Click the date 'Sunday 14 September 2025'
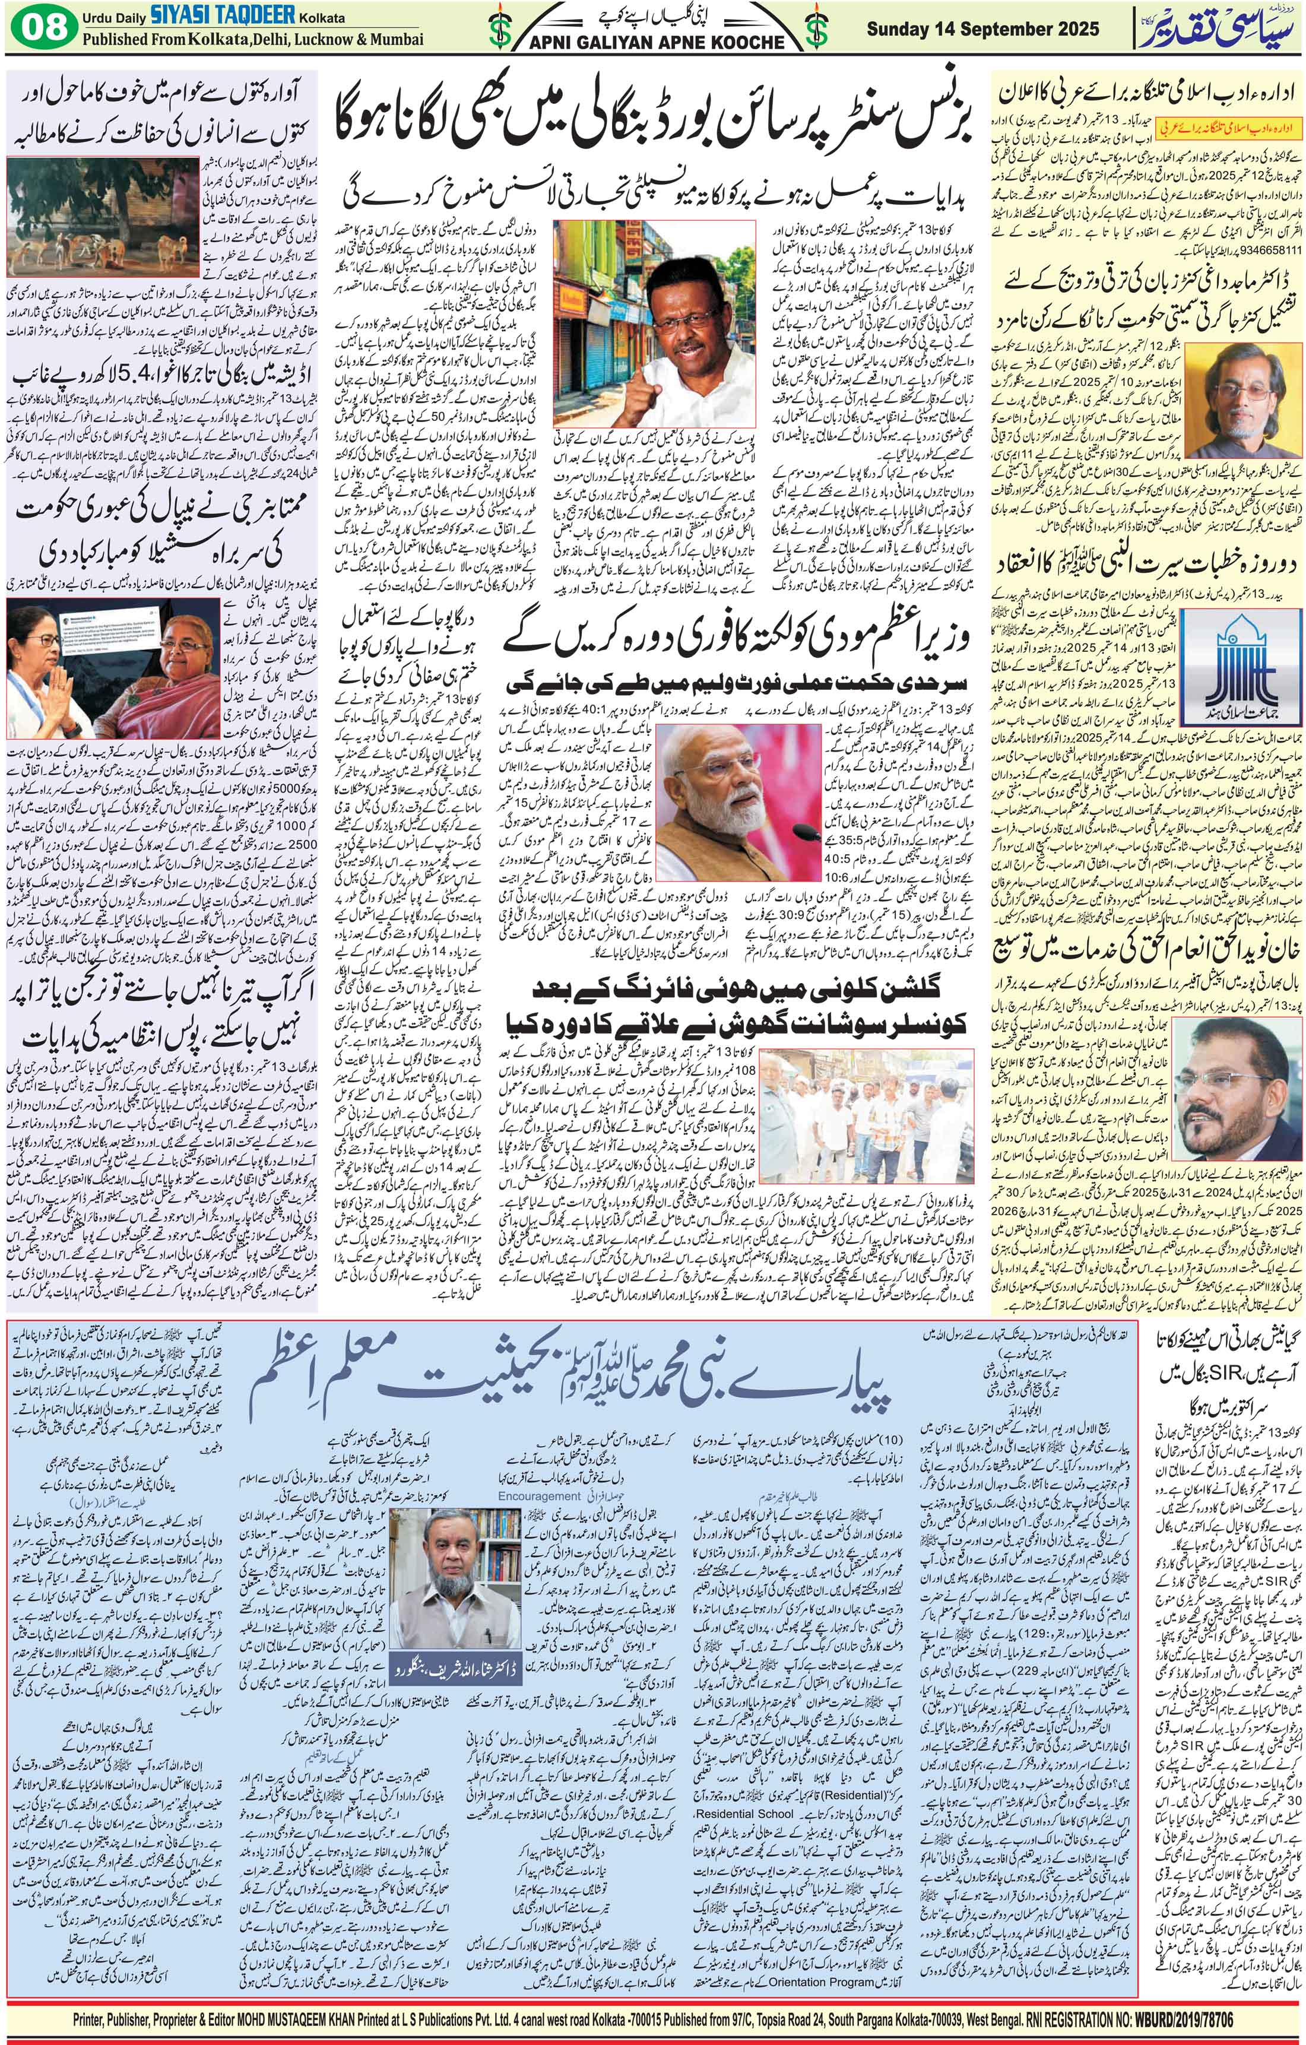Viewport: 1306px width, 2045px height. pos(982,29)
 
